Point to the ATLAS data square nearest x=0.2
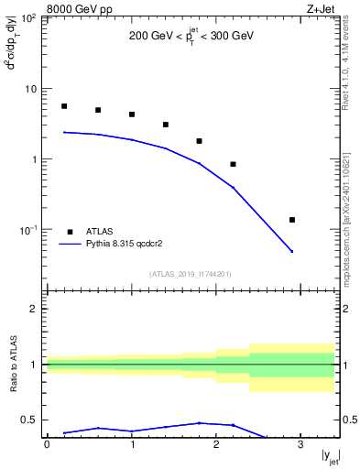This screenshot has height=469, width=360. (x=64, y=106)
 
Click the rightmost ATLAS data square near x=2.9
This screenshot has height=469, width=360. (x=292, y=220)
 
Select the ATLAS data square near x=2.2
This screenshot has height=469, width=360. (x=234, y=164)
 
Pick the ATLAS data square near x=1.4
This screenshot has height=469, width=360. (x=166, y=125)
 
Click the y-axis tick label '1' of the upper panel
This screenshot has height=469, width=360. (x=35, y=159)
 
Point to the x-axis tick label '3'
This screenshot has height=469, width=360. (x=300, y=445)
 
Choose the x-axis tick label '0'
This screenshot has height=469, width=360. (x=47, y=445)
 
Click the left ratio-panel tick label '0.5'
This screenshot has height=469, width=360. (x=28, y=420)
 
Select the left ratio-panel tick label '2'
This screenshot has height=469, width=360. (x=35, y=309)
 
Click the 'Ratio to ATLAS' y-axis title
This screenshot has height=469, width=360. (x=13, y=365)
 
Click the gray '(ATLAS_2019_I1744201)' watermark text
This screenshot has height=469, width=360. (x=191, y=273)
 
